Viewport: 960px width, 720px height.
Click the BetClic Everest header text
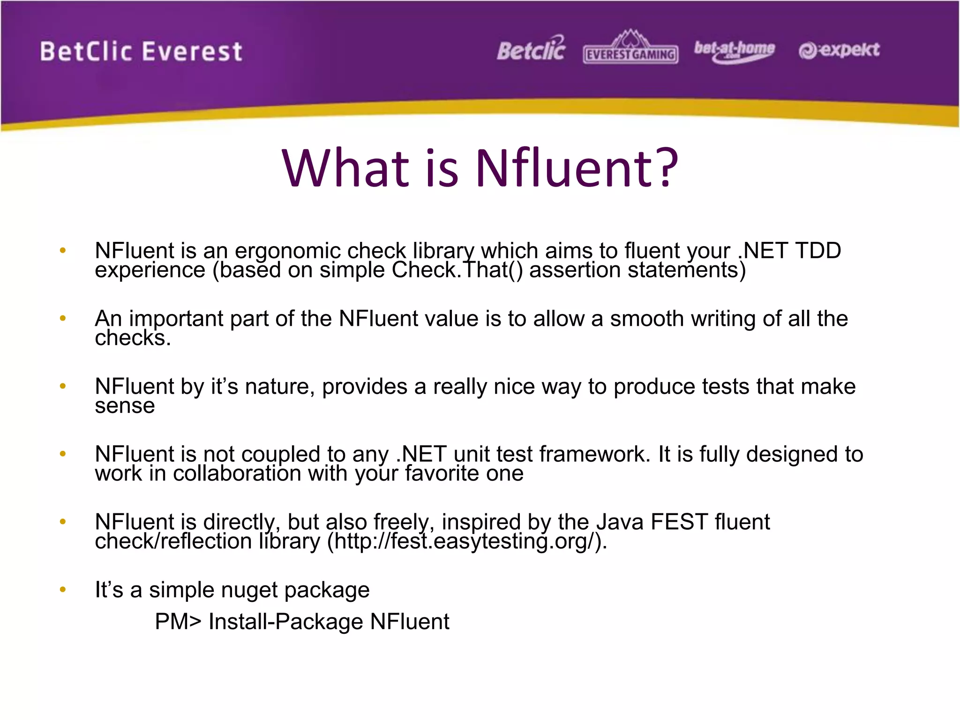pyautogui.click(x=141, y=52)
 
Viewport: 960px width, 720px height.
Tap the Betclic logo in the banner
pyautogui.click(x=531, y=50)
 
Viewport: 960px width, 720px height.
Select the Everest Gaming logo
pyautogui.click(x=630, y=49)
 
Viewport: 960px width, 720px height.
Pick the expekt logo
pyautogui.click(x=839, y=50)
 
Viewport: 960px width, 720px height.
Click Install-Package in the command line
pyautogui.click(x=285, y=622)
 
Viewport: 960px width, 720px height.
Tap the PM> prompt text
pyautogui.click(x=178, y=622)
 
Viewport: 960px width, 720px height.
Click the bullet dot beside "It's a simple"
pyautogui.click(x=63, y=589)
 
